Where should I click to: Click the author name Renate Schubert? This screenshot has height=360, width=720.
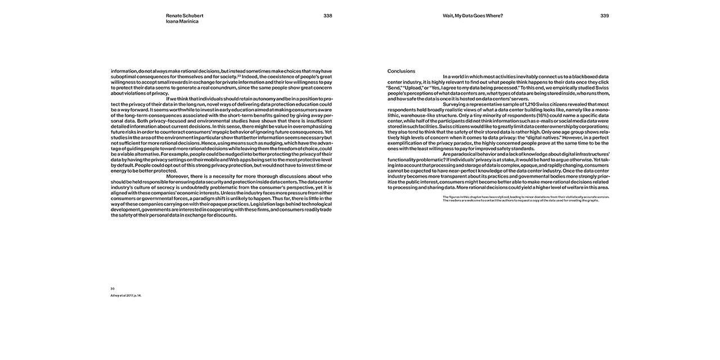pos(185,16)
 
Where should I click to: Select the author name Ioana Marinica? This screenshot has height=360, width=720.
pos(182,21)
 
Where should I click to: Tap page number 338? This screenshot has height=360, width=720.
pos(327,16)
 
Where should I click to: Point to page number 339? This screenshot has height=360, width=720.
pos(604,16)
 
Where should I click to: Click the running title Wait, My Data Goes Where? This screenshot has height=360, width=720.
pos(472,16)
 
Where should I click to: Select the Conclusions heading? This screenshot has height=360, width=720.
pos(401,71)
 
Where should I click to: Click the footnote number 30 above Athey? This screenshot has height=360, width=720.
pos(112,289)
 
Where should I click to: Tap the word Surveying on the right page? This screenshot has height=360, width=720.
pos(456,104)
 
